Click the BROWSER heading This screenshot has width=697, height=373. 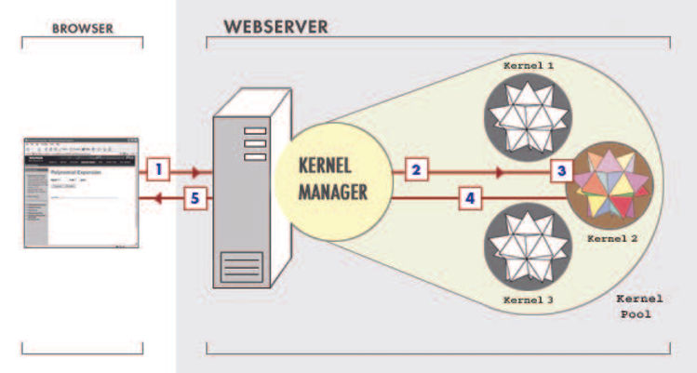pyautogui.click(x=81, y=29)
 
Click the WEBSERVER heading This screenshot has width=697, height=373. pyautogui.click(x=275, y=26)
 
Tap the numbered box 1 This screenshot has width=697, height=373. pyautogui.click(x=160, y=170)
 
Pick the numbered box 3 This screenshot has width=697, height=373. pyautogui.click(x=559, y=170)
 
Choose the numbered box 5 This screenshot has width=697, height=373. pyautogui.click(x=194, y=197)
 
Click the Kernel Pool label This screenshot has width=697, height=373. pyautogui.click(x=639, y=306)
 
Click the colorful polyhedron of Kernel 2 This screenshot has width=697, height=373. pyautogui.click(x=611, y=182)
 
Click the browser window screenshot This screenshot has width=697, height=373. pyautogui.click(x=81, y=193)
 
